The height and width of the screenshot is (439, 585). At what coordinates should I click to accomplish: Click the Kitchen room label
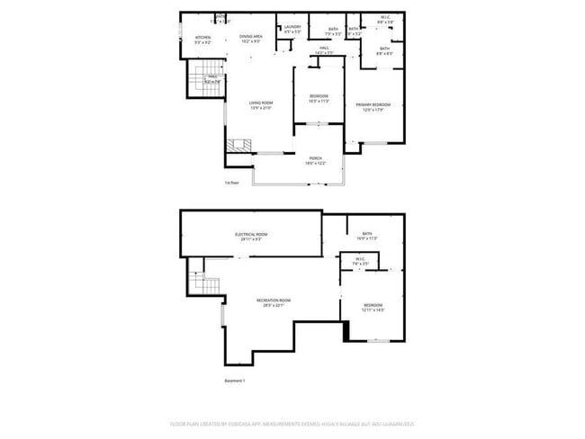pos(202,39)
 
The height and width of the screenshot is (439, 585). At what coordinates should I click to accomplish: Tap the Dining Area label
pos(250,38)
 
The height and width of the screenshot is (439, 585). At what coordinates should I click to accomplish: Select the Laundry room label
pos(292,29)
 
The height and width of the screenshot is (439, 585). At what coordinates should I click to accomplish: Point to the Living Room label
pos(261,105)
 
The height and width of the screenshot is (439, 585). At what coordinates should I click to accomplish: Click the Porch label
pos(315,160)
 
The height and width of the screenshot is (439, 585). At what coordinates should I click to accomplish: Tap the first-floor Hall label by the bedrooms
pos(325,50)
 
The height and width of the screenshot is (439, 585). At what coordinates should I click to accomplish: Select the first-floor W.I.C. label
pos(384,19)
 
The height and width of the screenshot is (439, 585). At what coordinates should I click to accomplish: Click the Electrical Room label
pos(251,237)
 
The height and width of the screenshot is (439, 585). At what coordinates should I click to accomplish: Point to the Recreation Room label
pos(273,302)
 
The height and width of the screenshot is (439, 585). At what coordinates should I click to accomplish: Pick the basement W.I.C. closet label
pos(359,261)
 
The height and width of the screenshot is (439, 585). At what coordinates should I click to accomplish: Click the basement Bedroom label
pos(373,308)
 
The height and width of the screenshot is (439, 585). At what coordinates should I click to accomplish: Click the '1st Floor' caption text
pos(231,183)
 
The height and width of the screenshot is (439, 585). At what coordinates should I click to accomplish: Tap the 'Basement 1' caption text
pos(234,381)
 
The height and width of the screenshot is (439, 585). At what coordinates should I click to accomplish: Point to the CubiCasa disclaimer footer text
pos(292,423)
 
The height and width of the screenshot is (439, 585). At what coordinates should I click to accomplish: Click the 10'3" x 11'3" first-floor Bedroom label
pos(319,99)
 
